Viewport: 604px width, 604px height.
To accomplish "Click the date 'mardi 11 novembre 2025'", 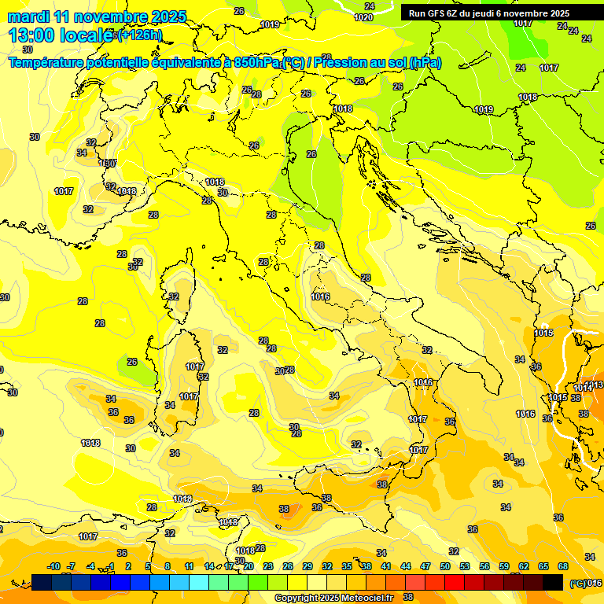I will pyautogui.click(x=97, y=17).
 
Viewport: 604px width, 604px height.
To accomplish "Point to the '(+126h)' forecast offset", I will pyautogui.click(x=139, y=35).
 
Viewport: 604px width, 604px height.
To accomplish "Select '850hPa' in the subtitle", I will pyautogui.click(x=256, y=62).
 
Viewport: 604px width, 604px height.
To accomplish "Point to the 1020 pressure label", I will pyautogui.click(x=363, y=17).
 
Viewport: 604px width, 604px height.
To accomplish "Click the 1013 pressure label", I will pyautogui.click(x=595, y=385).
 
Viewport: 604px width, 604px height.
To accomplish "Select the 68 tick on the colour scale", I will pyautogui.click(x=563, y=566).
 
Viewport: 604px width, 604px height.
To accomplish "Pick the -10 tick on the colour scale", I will pyautogui.click(x=53, y=566).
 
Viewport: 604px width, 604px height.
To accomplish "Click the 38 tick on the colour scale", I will pyautogui.click(x=366, y=566).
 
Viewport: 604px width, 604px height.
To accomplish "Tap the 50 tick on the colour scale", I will pyautogui.click(x=445, y=566).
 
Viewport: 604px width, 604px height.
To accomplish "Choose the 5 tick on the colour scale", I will pyautogui.click(x=148, y=566).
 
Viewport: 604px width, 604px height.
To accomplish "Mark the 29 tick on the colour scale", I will pyautogui.click(x=308, y=566).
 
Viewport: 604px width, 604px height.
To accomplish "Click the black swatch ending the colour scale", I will pyautogui.click(x=553, y=582).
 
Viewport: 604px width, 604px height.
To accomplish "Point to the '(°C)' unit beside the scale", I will pyautogui.click(x=577, y=583).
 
